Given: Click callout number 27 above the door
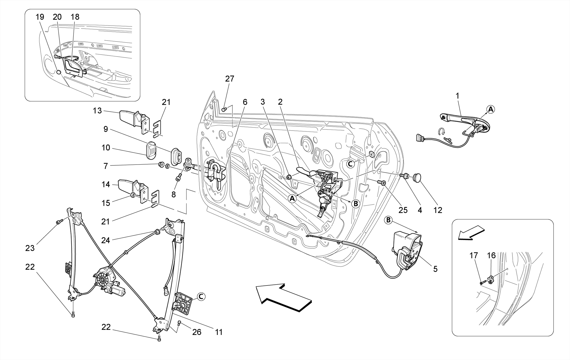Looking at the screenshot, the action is pos(230,79).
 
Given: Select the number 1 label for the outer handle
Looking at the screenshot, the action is pos(457,96).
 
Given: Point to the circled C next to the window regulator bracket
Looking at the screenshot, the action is pos(201,297).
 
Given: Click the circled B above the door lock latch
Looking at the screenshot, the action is pos(388,221).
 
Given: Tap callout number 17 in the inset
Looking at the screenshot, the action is pos(474,255).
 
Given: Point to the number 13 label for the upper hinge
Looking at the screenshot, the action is pos(97,111).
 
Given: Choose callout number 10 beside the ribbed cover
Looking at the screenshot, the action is pos(106,148).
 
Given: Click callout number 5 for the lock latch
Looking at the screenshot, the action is pos(435,269).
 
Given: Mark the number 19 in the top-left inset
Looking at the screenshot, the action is pos(40,17).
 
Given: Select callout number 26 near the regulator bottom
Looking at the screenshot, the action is pos(197,332).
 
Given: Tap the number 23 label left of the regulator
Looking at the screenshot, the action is pos(30,248).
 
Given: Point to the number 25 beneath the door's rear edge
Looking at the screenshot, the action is pos(403,210).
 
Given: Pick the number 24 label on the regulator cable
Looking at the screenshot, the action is pos(105,240).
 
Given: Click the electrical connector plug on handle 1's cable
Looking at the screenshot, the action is pos(419,138).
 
